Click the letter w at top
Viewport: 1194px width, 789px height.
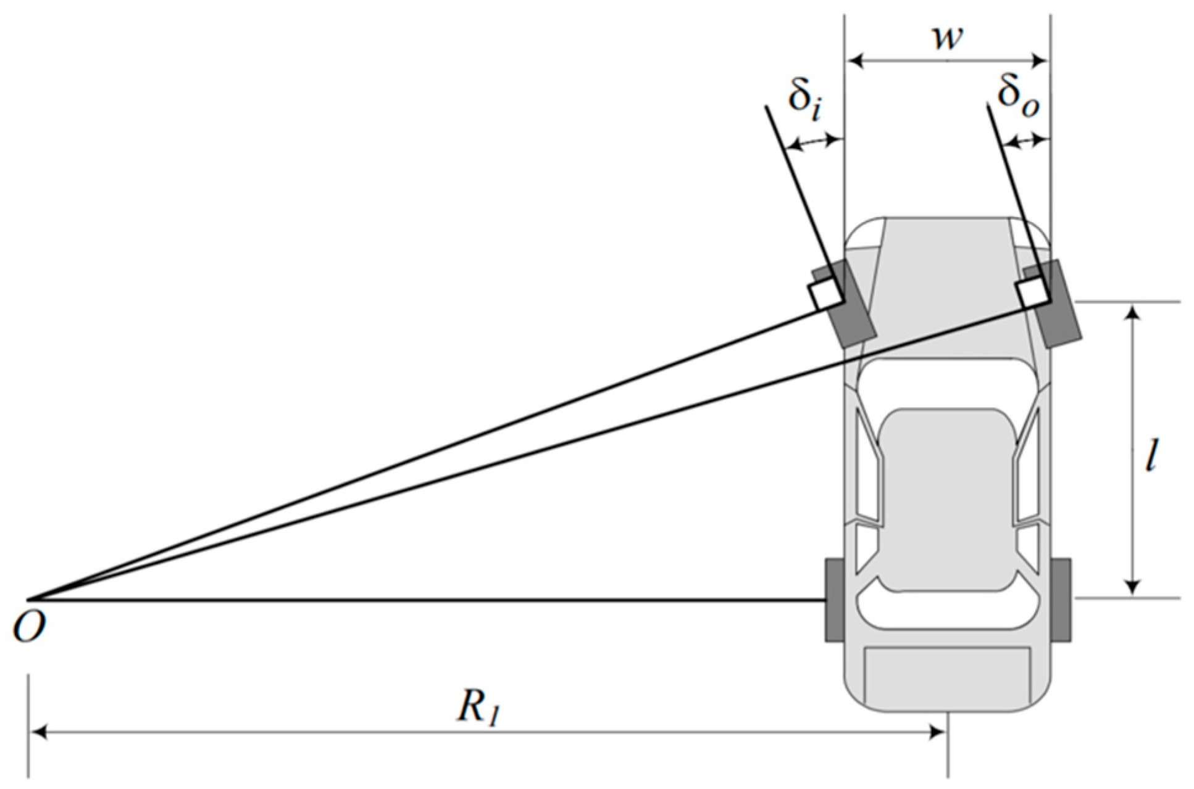tap(947, 38)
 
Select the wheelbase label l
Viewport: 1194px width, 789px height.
tap(1150, 456)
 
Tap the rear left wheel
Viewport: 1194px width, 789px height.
tap(835, 599)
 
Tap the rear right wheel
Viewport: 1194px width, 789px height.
tap(1061, 598)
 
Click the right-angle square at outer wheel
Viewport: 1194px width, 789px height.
tap(1032, 293)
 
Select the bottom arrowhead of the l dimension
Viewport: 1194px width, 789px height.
tap(1132, 588)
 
